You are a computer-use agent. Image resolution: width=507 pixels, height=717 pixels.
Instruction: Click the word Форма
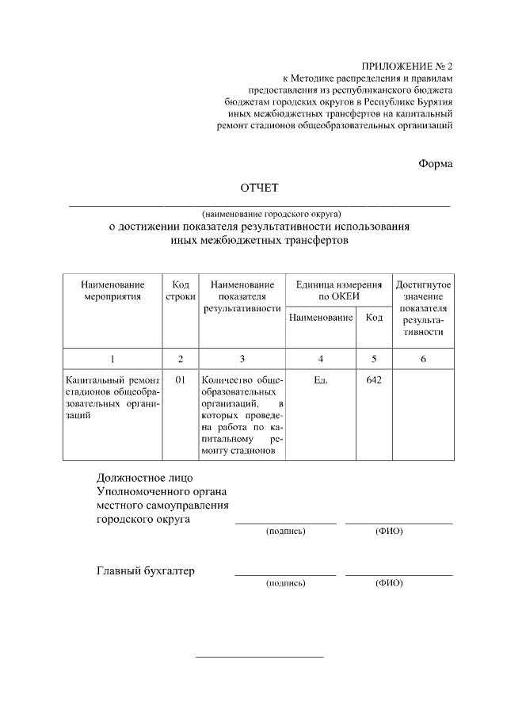click(435, 163)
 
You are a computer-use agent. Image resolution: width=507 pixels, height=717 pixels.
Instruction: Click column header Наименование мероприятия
click(112, 290)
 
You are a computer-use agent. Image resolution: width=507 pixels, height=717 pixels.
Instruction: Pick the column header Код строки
click(180, 290)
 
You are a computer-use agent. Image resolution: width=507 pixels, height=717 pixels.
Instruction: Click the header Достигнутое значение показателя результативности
click(423, 307)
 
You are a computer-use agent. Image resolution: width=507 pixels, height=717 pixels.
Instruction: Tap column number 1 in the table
click(112, 359)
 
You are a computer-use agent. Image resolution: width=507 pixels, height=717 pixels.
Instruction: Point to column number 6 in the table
click(423, 359)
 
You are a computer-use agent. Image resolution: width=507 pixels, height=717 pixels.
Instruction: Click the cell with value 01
click(181, 380)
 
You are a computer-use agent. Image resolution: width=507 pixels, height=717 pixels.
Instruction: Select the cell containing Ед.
click(321, 380)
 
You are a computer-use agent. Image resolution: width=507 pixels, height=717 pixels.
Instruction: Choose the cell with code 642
click(374, 380)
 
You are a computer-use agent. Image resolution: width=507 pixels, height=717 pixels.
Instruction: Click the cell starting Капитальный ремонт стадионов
click(112, 397)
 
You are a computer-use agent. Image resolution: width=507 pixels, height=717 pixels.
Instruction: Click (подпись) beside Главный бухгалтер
click(286, 583)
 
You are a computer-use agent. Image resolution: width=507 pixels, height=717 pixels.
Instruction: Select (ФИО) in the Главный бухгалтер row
click(389, 583)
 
